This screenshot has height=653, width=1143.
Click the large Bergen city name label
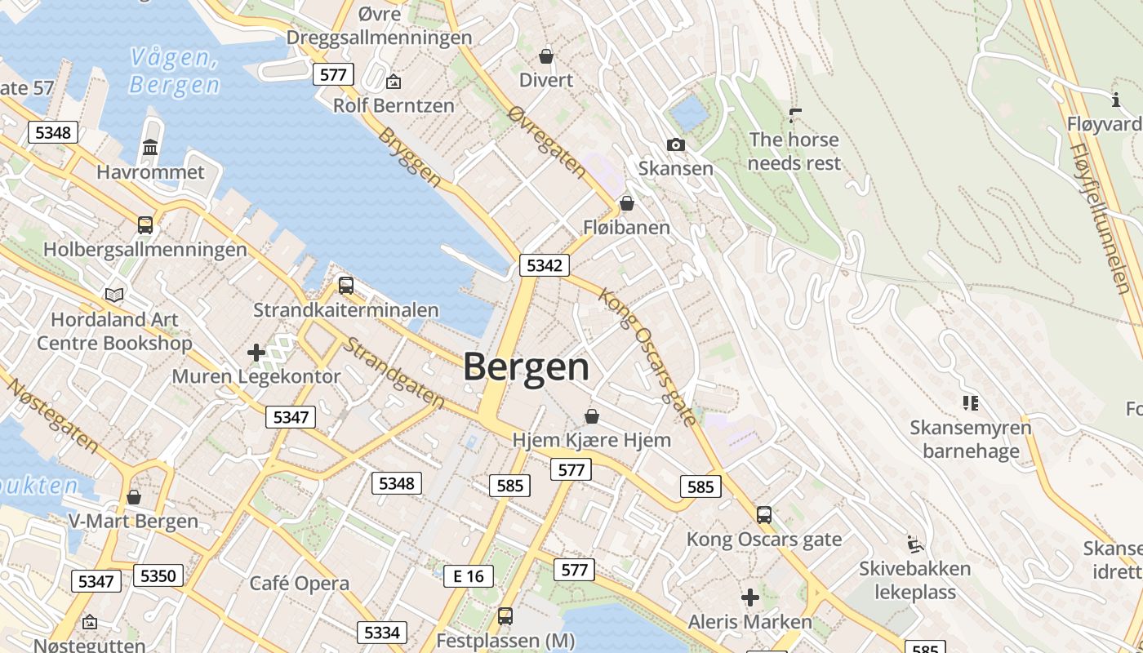[527, 367]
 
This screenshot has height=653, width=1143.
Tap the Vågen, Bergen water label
[174, 71]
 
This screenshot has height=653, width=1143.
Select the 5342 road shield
[545, 265]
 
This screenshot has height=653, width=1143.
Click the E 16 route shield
[469, 576]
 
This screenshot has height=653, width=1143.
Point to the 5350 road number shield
[158, 576]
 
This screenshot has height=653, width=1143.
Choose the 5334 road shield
[381, 633]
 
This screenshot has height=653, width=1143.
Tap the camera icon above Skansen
[676, 144]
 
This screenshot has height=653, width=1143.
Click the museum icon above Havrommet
[150, 148]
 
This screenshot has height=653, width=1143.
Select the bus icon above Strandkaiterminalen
[346, 286]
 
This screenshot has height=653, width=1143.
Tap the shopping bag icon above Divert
[546, 56]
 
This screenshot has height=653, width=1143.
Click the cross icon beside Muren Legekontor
[256, 353]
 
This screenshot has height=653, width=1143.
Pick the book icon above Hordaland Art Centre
[114, 295]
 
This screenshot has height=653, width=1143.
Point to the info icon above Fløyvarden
[1116, 100]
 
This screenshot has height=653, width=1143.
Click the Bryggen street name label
[410, 158]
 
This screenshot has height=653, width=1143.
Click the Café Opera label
[300, 584]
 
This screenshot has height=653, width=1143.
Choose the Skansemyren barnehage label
[971, 439]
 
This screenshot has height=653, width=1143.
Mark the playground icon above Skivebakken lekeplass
[915, 544]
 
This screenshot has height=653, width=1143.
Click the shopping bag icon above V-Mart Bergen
[134, 497]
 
